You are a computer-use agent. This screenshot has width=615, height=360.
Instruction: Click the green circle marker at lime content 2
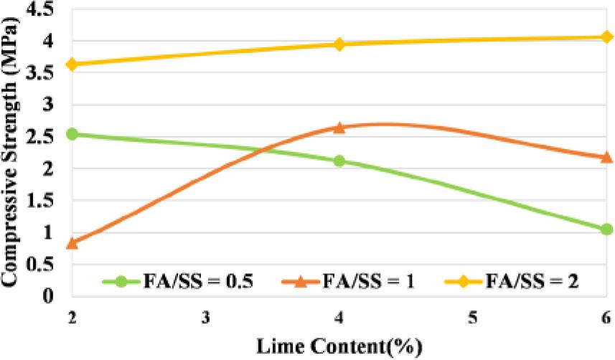point(72,134)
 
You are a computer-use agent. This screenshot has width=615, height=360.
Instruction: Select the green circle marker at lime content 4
point(339,161)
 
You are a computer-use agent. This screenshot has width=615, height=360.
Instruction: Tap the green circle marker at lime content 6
point(606,229)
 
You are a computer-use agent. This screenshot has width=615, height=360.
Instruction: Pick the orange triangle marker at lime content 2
point(72,243)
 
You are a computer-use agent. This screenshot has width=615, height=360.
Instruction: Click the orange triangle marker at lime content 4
point(339,127)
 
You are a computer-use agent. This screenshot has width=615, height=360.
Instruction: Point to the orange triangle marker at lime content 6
point(606,156)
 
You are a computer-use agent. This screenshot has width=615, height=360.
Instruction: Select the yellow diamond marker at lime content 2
point(72,65)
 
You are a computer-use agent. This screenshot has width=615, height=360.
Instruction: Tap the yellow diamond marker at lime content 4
point(339,44)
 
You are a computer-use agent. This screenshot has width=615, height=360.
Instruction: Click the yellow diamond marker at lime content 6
point(606,37)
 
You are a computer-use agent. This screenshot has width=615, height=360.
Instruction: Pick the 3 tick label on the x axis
point(206,317)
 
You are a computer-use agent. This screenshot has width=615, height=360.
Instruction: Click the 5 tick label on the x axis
point(473,317)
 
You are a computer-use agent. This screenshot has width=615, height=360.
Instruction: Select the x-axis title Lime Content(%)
point(339,346)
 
